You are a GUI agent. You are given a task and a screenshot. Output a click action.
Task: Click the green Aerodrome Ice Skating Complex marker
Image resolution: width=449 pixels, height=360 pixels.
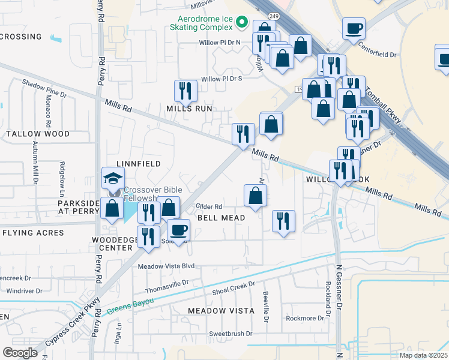tap(243, 23)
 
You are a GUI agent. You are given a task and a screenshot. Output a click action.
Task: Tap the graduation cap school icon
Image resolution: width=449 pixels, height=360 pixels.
tap(113, 178)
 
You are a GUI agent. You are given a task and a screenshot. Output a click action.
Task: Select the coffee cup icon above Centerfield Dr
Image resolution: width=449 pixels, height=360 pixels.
tap(354, 28)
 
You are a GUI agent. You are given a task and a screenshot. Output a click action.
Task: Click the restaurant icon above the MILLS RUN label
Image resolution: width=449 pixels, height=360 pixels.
tap(185, 91)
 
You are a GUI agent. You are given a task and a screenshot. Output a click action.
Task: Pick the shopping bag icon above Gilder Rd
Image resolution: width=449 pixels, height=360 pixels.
tap(255, 195)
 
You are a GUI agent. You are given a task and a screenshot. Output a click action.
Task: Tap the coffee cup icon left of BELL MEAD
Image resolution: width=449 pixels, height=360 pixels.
tap(178, 229)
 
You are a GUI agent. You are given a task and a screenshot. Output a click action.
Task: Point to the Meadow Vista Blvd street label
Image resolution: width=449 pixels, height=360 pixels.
tap(167, 266)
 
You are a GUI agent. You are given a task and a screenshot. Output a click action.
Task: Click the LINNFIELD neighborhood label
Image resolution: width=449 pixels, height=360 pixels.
tap(138, 163)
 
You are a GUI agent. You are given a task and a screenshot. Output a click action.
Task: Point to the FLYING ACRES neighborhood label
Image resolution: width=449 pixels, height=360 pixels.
tap(33, 232)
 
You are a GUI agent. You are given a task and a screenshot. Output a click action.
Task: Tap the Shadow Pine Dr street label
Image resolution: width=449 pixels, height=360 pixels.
tap(44, 89)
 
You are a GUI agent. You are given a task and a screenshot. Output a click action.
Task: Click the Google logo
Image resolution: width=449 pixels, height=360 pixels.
tap(20, 352)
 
